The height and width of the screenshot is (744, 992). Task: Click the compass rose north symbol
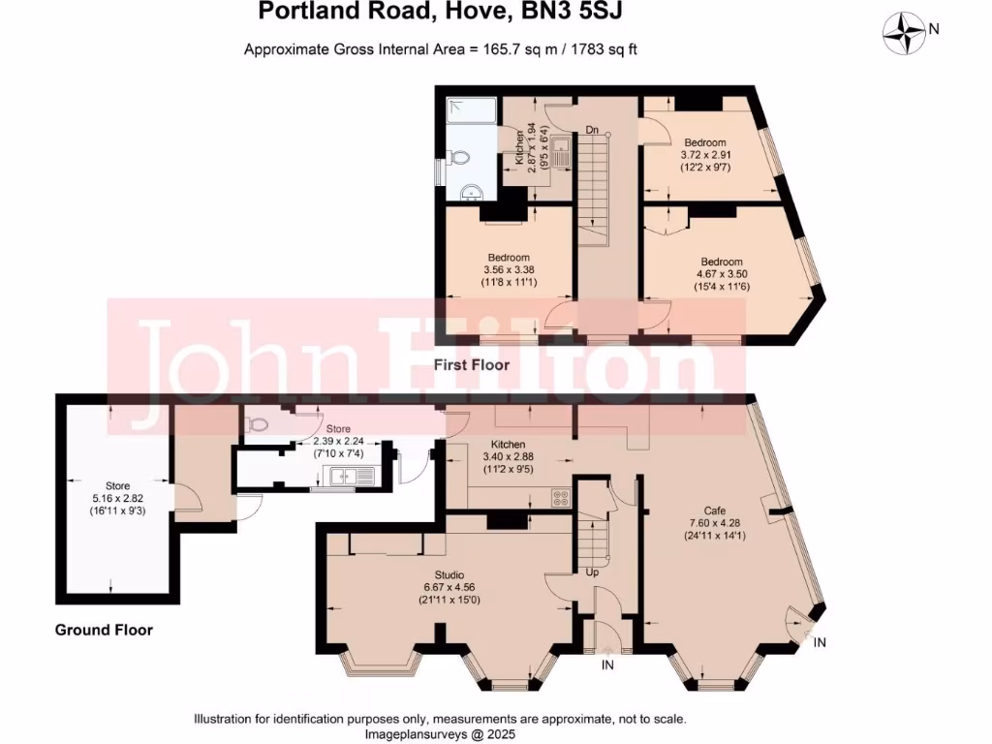(909, 31)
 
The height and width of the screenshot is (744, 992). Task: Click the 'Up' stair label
(593, 572)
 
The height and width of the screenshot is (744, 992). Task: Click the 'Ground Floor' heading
(104, 630)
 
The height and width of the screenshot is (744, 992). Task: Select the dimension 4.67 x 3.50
(722, 274)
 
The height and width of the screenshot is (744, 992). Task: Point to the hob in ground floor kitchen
(560, 498)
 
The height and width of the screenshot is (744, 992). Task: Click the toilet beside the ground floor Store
(257, 424)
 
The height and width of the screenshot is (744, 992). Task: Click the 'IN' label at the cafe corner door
(821, 642)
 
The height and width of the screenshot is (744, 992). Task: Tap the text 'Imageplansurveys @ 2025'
(441, 733)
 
